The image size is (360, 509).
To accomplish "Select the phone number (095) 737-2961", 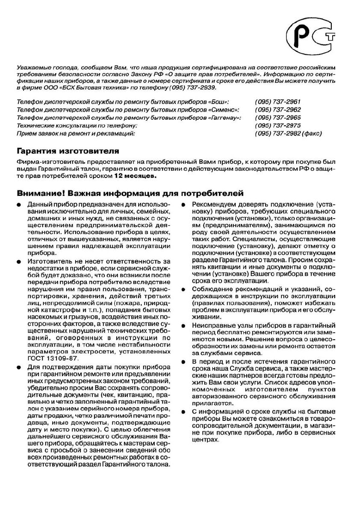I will click(x=278, y=102).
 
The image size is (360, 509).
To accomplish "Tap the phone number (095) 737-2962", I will click(x=278, y=110).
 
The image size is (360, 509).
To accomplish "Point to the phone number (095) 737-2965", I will click(x=278, y=118).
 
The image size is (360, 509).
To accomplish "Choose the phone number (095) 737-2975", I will click(x=278, y=126).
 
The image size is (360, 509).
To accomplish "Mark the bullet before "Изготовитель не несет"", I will click(x=19, y=261).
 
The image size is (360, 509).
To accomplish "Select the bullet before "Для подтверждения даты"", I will click(x=19, y=367).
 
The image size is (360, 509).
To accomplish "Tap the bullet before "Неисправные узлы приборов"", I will click(x=183, y=326).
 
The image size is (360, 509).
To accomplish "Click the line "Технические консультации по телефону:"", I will click(x=77, y=126).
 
